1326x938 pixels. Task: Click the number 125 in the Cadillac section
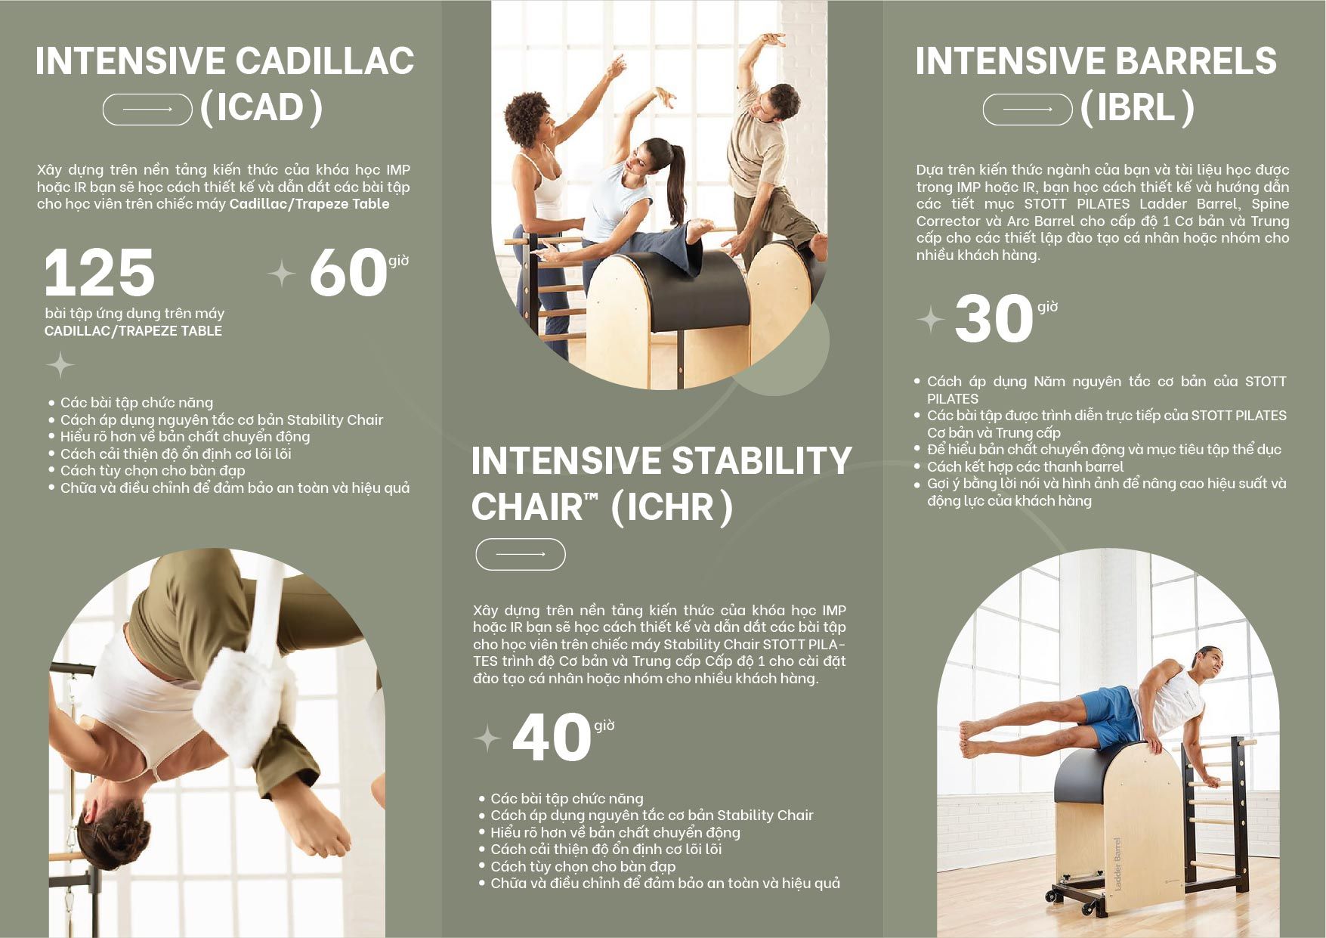point(100,272)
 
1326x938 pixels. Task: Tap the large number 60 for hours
point(348,272)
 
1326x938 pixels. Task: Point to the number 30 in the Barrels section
point(994,318)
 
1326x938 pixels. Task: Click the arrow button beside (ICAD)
point(147,110)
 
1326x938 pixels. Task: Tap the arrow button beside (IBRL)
point(1028,110)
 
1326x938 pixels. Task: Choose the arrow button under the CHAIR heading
point(521,554)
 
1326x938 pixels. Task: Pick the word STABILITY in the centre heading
point(762,460)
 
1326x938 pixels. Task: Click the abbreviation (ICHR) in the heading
point(671,507)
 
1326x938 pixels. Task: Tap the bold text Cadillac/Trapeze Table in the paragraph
point(309,204)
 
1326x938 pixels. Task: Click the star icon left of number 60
point(282,274)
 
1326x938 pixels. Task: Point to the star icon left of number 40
point(487,738)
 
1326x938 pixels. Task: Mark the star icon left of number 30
point(931,320)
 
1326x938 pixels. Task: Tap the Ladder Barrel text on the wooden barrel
point(1117,863)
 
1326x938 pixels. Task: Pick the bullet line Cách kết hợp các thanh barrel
point(1025,466)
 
